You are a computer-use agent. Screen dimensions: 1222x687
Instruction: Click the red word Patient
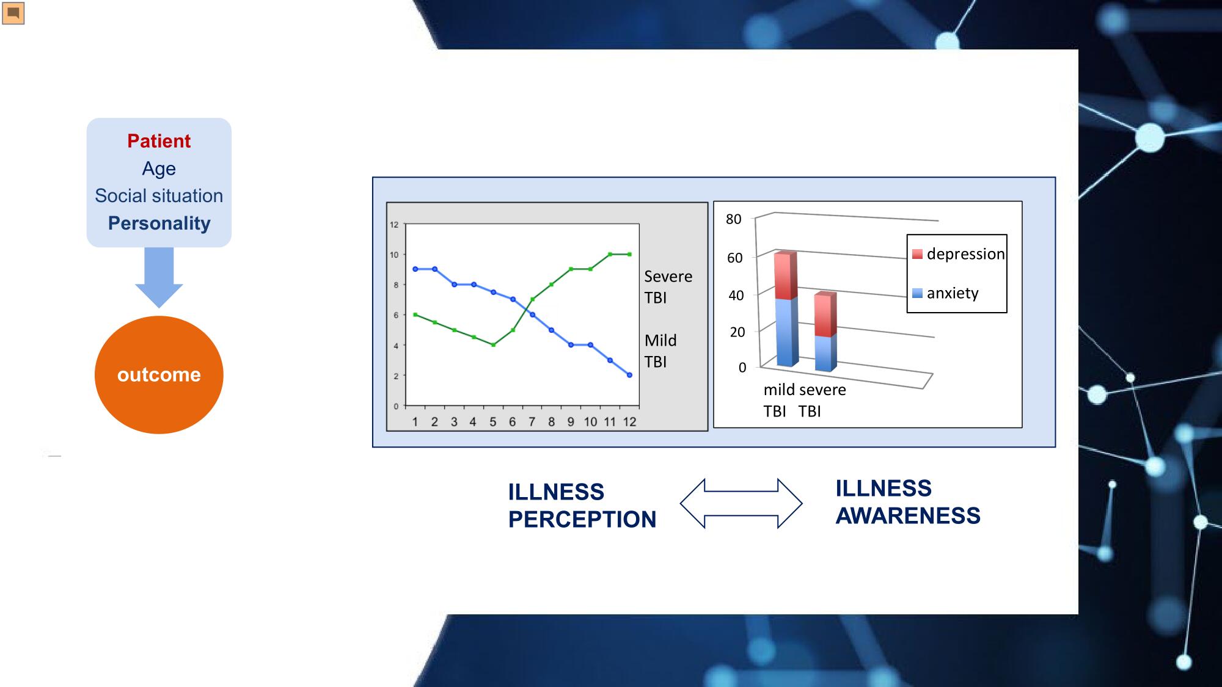click(159, 141)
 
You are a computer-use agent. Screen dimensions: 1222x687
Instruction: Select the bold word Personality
click(159, 224)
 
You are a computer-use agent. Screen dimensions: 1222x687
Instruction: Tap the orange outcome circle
click(159, 374)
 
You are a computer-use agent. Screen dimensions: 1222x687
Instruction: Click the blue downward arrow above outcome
click(159, 277)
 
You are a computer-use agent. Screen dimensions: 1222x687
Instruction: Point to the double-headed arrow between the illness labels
click(741, 503)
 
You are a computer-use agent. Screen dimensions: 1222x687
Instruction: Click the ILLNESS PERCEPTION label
click(582, 506)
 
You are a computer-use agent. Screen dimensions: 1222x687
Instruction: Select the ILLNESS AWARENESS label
click(908, 502)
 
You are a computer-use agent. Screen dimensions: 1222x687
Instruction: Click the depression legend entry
click(958, 254)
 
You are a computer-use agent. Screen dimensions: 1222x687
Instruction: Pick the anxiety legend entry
click(945, 293)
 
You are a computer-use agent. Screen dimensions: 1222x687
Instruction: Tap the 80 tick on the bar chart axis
click(734, 219)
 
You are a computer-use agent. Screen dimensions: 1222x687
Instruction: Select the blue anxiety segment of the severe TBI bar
click(826, 353)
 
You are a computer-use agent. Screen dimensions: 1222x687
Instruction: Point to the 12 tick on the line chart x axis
click(629, 422)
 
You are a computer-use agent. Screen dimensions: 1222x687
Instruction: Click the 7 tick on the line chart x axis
click(532, 422)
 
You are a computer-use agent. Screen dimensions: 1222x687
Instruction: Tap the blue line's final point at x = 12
click(629, 375)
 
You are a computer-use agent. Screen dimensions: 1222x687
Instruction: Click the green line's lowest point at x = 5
click(493, 345)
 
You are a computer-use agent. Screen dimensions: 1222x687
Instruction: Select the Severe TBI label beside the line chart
click(668, 287)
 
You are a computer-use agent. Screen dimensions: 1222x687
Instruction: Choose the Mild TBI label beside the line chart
click(660, 351)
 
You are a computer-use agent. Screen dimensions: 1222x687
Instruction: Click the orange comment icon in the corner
click(13, 13)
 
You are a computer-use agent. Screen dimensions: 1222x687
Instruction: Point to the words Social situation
click(159, 196)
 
